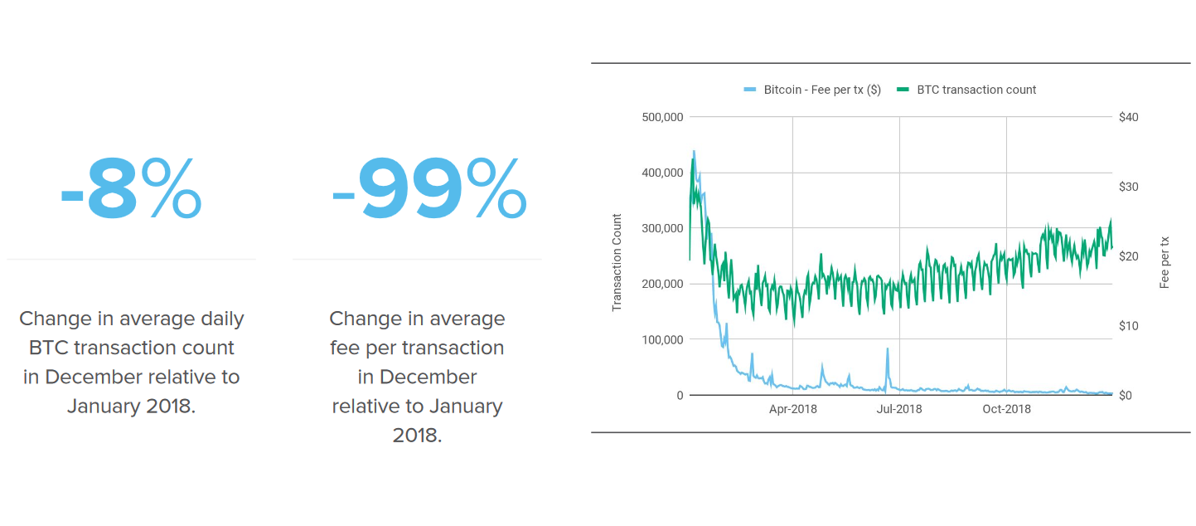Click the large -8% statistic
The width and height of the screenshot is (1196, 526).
click(x=131, y=189)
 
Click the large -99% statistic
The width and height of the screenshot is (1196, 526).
click(x=429, y=189)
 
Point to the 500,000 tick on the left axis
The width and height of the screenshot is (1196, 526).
click(x=662, y=117)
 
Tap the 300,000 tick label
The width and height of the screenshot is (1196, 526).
click(x=662, y=228)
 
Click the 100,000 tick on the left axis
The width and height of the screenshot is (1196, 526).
click(x=662, y=339)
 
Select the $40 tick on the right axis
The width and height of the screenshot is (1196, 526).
click(x=1128, y=117)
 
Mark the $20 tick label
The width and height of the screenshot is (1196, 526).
click(x=1128, y=256)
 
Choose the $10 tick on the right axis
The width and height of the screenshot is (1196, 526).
click(x=1128, y=326)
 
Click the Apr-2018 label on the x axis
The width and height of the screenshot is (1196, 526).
click(x=792, y=409)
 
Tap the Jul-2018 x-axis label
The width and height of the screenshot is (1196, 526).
click(x=899, y=409)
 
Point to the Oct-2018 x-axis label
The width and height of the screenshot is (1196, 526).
click(x=1006, y=409)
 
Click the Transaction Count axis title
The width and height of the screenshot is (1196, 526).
click(x=617, y=263)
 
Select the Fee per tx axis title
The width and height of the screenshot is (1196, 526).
click(x=1165, y=262)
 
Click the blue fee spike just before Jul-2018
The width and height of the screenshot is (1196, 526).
click(x=888, y=350)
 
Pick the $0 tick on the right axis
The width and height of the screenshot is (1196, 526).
click(x=1125, y=396)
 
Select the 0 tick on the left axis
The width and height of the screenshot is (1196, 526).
click(x=680, y=396)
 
